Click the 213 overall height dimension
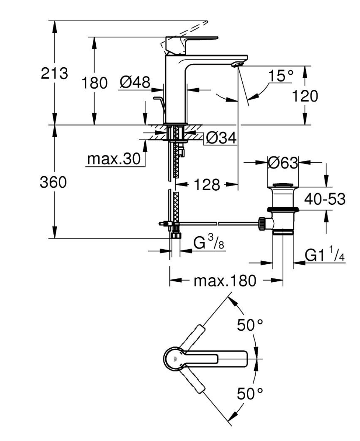tap(55, 73)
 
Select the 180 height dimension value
tap(95, 83)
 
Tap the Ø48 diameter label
tap(135, 82)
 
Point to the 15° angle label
tap(280, 75)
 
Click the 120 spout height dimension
tap(305, 96)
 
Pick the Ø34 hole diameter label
tap(221, 138)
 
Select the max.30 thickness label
tap(114, 159)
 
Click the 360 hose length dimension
tap(53, 182)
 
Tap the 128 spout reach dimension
tap(207, 185)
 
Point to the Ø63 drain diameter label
tap(282, 163)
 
